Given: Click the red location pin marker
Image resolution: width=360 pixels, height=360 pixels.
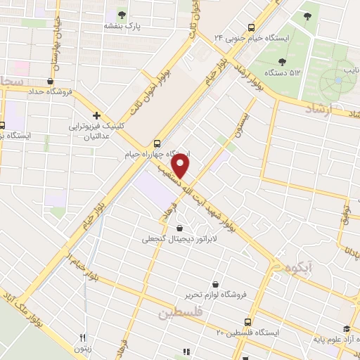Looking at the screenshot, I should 181,167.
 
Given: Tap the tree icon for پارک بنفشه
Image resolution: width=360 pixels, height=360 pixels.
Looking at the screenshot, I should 123,14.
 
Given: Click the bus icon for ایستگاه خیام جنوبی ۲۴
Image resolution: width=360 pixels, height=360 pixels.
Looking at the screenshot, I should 228,37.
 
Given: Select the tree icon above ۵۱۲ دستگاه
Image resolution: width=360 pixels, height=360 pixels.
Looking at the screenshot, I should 282,61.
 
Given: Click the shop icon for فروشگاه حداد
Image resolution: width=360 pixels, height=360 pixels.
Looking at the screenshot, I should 50,81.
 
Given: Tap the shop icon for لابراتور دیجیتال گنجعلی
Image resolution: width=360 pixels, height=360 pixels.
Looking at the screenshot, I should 180,228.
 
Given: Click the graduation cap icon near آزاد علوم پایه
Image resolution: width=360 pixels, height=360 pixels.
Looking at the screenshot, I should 345,328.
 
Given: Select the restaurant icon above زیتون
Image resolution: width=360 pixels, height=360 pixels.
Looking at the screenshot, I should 82,338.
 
